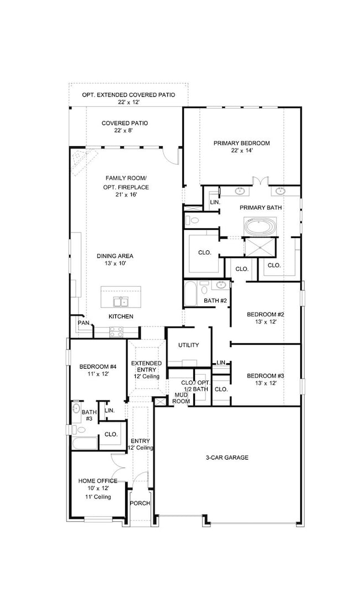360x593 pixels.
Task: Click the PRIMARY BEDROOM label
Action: coord(241,143)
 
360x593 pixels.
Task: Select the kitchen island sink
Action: coord(120,301)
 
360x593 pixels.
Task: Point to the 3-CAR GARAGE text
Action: coord(227,457)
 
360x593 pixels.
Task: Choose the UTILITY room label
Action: coord(188,345)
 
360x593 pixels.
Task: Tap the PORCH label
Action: coord(139,503)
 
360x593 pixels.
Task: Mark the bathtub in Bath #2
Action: coord(191,293)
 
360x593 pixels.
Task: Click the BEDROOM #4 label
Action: coord(97,367)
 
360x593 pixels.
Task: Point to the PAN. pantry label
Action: coord(84,322)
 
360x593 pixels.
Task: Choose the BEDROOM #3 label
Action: coord(265,376)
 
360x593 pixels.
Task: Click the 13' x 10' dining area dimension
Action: coord(115,264)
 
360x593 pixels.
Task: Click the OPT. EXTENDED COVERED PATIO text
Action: coord(128,95)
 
